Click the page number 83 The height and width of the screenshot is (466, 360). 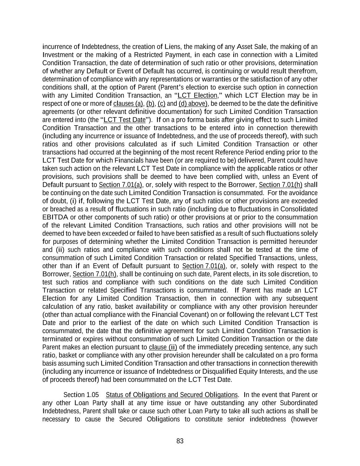coord(180,441)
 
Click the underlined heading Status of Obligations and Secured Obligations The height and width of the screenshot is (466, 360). coord(171,395)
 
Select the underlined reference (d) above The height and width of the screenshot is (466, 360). coord(193,104)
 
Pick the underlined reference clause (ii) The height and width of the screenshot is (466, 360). coord(163,348)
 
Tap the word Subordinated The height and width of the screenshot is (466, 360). coord(299,403)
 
